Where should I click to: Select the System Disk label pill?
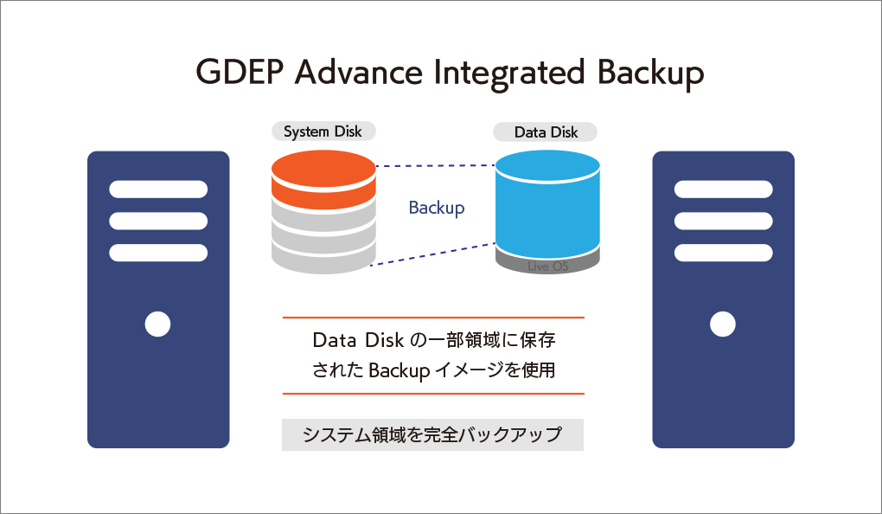[x=323, y=132]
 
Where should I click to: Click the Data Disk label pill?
[x=546, y=132]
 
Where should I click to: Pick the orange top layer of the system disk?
[x=323, y=178]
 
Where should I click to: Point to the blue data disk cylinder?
[x=547, y=203]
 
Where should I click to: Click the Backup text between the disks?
[x=436, y=208]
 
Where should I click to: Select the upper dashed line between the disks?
[x=435, y=165]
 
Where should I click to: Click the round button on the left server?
[x=157, y=324]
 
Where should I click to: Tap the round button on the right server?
[x=723, y=324]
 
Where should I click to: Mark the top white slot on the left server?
[x=158, y=189]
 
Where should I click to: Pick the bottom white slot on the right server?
[x=723, y=253]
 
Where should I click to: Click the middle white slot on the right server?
[x=723, y=221]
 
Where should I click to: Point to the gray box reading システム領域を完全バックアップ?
[x=432, y=434]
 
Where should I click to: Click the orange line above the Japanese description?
[x=433, y=318]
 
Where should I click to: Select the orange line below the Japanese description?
[x=433, y=394]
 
